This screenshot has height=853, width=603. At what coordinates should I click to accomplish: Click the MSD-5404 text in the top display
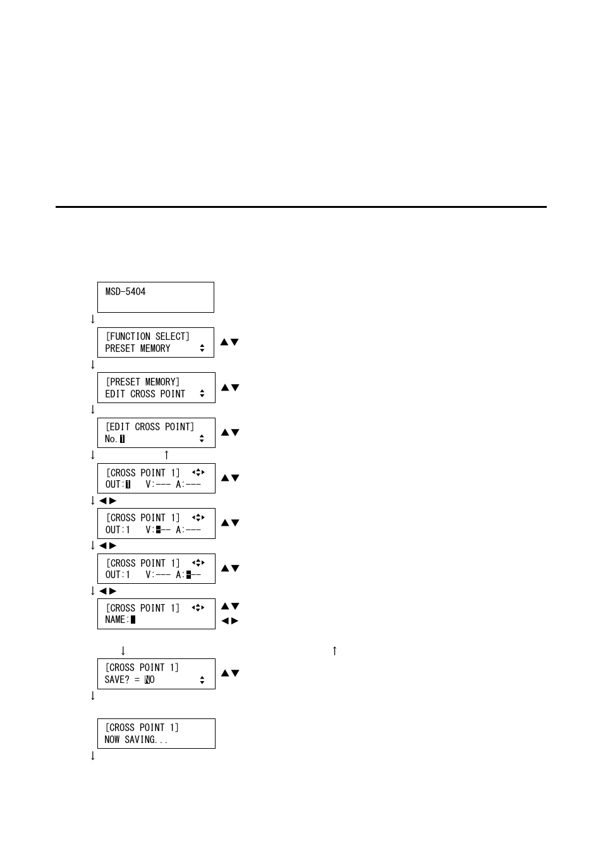(125, 292)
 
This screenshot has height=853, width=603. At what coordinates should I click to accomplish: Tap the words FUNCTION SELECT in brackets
(147, 337)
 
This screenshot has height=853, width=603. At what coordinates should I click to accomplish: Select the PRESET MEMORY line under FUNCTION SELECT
(138, 349)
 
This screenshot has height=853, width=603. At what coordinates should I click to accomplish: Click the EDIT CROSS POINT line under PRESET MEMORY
(145, 394)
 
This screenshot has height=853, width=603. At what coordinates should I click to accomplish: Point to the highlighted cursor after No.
(122, 439)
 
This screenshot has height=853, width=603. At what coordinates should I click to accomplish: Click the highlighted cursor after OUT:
(127, 485)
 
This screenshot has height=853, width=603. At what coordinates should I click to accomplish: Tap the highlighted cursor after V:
(158, 530)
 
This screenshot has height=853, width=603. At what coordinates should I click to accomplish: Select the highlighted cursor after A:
(188, 575)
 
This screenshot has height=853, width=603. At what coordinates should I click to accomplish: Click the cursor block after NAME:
(133, 620)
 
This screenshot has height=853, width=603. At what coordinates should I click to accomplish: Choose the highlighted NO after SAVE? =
(149, 680)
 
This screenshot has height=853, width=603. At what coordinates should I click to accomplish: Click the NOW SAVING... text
(136, 740)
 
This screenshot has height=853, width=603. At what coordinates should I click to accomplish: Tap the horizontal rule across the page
(301, 207)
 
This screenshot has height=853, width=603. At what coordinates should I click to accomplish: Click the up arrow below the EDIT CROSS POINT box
(166, 454)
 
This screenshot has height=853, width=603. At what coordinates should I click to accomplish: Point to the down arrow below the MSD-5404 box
(92, 319)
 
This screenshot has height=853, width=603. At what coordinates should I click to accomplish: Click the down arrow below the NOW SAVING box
(92, 755)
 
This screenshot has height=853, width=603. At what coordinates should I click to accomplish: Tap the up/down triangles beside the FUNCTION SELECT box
(229, 342)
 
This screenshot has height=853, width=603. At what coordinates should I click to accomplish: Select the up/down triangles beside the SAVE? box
(229, 674)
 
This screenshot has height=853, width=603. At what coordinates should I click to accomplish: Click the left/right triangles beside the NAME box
(229, 621)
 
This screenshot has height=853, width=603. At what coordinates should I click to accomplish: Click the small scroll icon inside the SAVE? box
(202, 680)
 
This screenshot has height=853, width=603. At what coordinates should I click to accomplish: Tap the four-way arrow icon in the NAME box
(198, 608)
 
